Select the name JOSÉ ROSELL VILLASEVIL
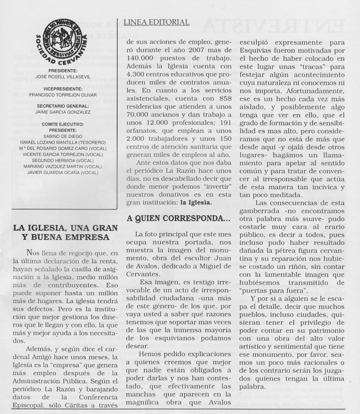click(63, 76)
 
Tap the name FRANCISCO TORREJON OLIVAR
click(63, 95)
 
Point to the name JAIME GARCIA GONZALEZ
click(63, 112)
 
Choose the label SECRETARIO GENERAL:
click(63, 106)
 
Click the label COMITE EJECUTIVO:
click(63, 124)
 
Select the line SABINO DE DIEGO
click(63, 136)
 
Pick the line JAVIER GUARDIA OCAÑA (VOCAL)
click(63, 172)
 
